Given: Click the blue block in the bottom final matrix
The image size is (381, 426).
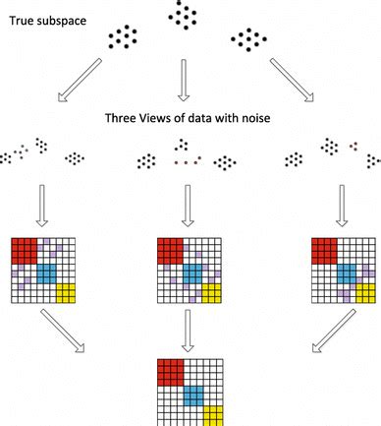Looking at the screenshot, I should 193,393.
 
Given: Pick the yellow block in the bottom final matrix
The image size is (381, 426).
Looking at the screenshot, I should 214,413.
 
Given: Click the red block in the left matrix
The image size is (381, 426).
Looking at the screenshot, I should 24,250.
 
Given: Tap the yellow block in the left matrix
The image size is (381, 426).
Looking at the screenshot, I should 67,293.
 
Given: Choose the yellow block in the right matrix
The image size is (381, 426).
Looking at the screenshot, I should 364,293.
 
